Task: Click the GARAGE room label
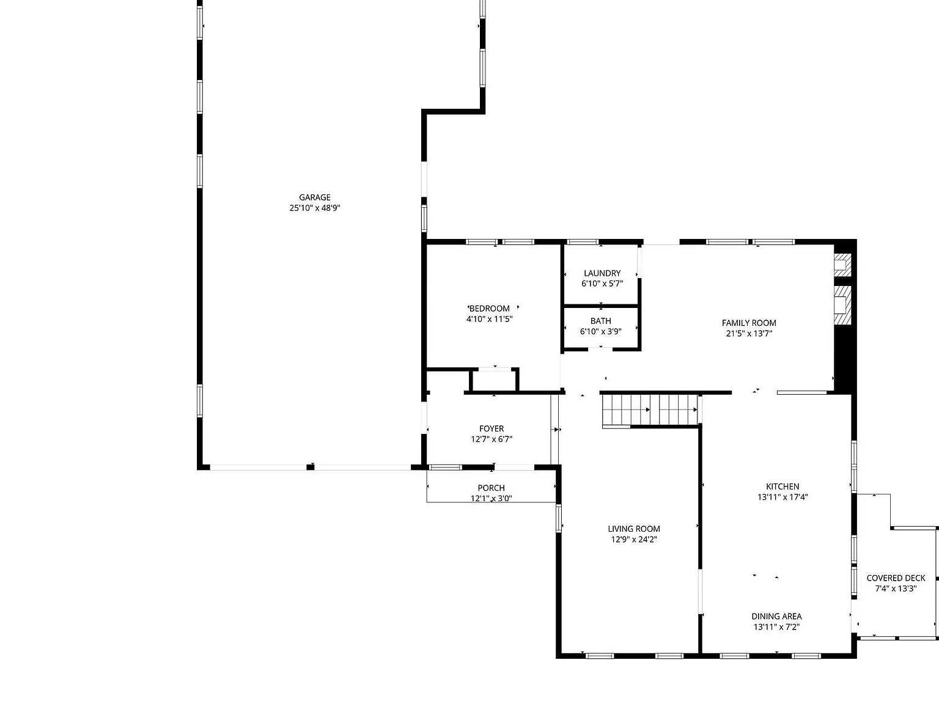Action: (x=314, y=197)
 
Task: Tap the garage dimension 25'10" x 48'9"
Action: (x=314, y=208)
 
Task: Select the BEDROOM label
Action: (x=490, y=309)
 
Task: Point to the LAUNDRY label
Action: (x=602, y=273)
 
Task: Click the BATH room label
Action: (x=600, y=321)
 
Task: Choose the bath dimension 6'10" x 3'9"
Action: (x=600, y=331)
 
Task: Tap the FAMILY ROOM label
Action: (x=749, y=323)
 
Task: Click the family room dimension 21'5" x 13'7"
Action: (x=749, y=334)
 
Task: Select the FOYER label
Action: (x=492, y=429)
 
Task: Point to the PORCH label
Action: (x=491, y=488)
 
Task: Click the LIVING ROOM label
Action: (x=634, y=529)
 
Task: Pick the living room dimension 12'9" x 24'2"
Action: (x=634, y=540)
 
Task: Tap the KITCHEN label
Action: (x=782, y=486)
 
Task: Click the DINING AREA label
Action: (x=776, y=617)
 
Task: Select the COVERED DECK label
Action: (x=896, y=578)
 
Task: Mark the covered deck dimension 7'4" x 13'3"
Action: (x=896, y=588)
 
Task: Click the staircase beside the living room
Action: (x=650, y=411)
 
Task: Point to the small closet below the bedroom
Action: (x=495, y=380)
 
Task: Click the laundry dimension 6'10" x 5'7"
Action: (x=602, y=284)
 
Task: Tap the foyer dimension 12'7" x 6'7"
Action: (x=492, y=439)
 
